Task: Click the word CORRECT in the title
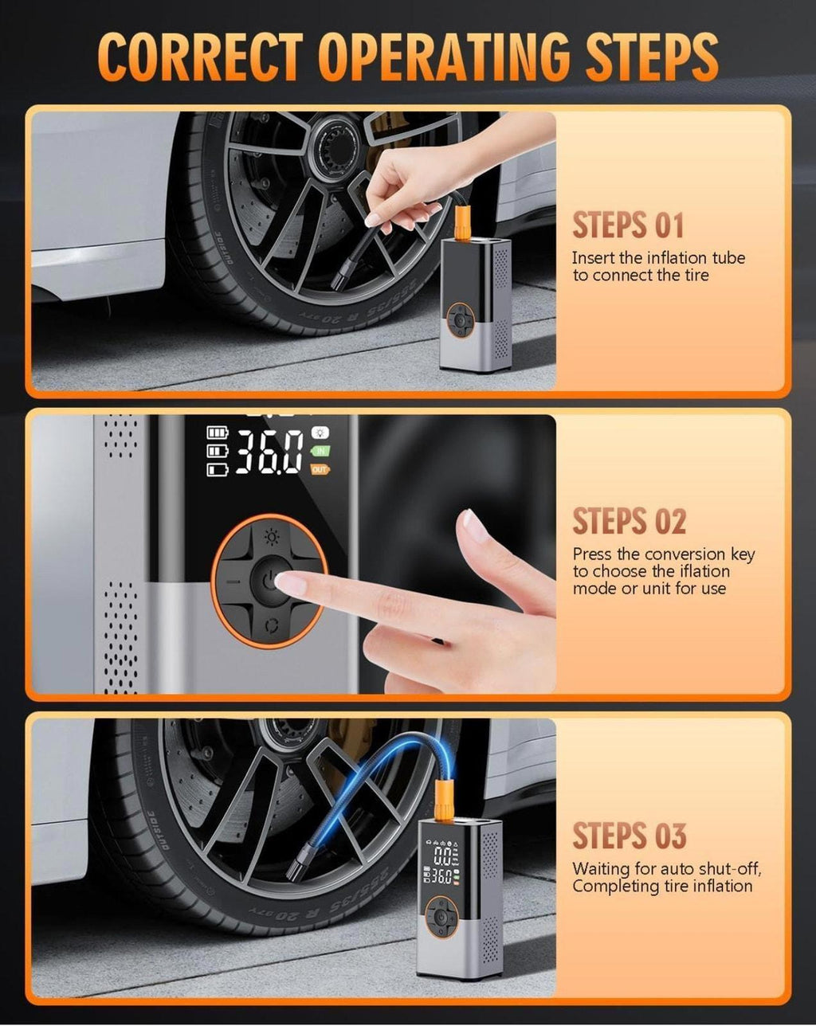point(201,57)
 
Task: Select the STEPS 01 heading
point(628,225)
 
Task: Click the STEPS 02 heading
point(629,521)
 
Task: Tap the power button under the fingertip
point(270,582)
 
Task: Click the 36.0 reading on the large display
point(269,452)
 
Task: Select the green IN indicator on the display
point(320,451)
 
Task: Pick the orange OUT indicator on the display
point(320,470)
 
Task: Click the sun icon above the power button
point(272,538)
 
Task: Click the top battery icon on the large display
point(217,433)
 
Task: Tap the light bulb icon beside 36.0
point(320,433)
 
